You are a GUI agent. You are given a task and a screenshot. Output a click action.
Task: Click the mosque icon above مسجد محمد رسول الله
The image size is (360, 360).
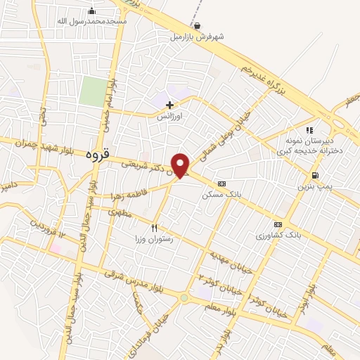coord(91,11)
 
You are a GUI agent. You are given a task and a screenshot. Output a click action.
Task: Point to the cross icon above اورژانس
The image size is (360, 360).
coord(169,105)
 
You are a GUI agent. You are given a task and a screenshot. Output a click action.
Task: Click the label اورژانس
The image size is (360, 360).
coord(169,117)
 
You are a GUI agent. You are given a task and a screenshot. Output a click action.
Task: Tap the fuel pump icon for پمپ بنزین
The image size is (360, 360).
coord(314,175)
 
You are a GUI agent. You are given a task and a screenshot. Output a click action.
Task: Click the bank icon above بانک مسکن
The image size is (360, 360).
coord(221,183)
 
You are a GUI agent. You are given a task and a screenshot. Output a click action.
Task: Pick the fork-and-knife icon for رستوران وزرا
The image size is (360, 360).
coord(154,227)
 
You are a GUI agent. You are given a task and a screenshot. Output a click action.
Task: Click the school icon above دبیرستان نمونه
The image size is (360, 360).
coord(309,130)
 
